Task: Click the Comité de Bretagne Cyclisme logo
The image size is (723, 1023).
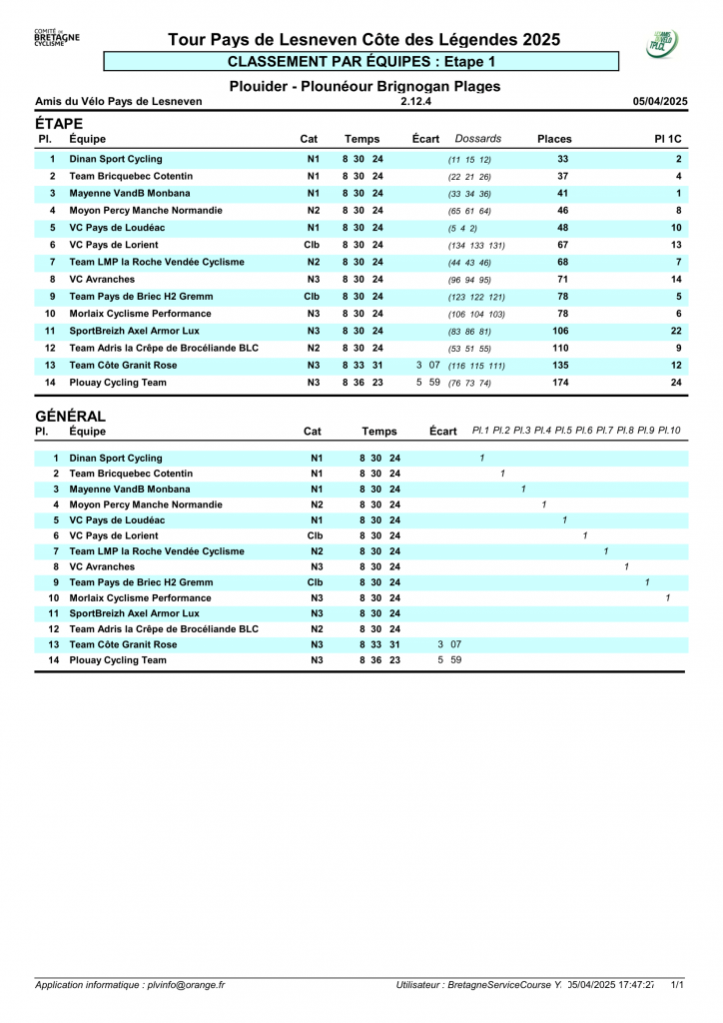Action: click(57, 39)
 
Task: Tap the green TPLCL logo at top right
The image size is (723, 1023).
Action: click(662, 43)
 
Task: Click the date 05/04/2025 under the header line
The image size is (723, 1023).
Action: click(660, 101)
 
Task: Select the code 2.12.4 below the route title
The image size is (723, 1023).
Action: click(415, 101)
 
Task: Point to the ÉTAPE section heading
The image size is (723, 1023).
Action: click(59, 124)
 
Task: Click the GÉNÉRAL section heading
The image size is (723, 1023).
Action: click(70, 417)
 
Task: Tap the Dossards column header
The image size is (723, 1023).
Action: click(477, 139)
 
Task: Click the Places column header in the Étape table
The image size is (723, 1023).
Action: click(554, 139)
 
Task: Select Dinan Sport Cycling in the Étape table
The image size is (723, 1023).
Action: click(115, 159)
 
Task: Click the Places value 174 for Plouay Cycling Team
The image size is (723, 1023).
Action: click(560, 383)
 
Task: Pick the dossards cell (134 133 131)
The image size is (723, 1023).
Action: click(476, 246)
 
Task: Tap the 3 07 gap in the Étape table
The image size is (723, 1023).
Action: click(428, 366)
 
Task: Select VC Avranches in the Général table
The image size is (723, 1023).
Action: click(102, 566)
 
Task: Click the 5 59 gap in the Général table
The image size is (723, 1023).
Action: click(449, 660)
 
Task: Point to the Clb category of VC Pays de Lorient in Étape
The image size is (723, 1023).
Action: click(312, 245)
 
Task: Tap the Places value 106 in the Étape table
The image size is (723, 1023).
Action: click(560, 331)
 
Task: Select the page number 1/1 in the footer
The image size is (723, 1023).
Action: click(677, 985)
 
